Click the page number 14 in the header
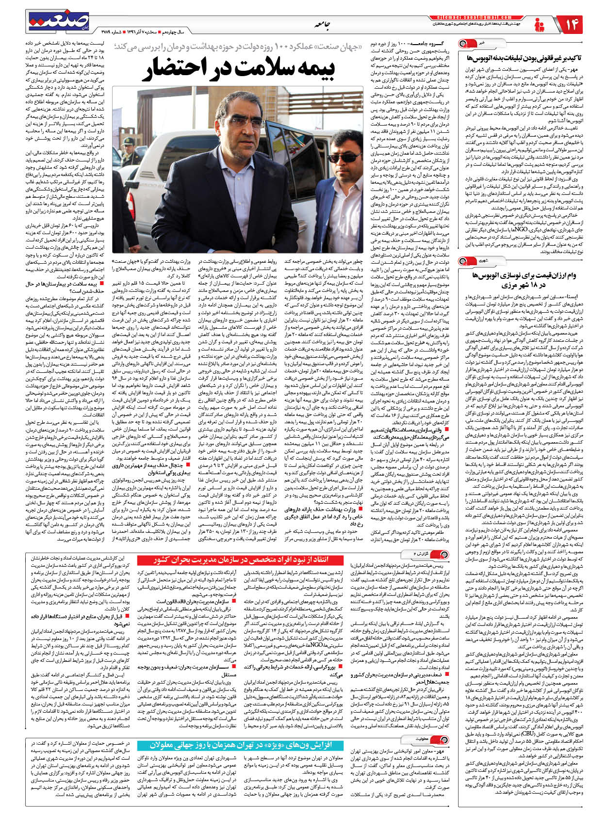click(572, 24)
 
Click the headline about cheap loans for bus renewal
click(531, 280)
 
